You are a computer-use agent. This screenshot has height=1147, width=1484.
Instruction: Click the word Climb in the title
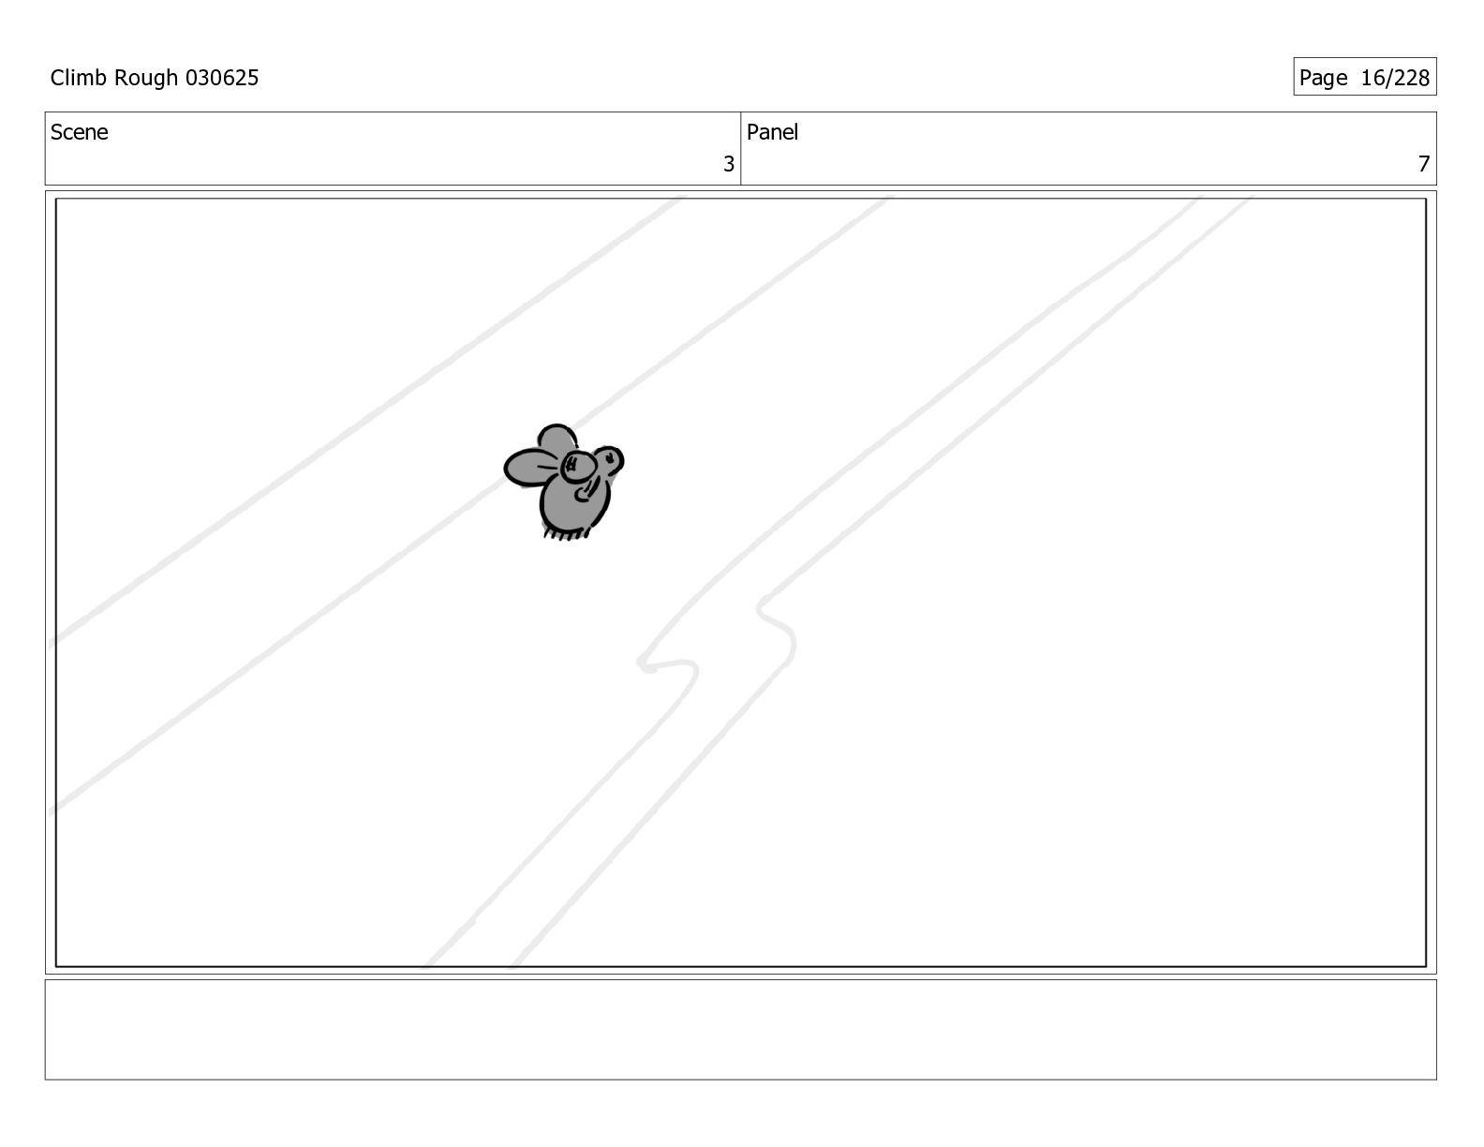[79, 78]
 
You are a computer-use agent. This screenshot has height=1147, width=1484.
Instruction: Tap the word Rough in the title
[146, 79]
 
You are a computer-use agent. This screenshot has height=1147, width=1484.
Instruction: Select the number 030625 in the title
[222, 78]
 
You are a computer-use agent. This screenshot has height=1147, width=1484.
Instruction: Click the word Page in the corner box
[1323, 79]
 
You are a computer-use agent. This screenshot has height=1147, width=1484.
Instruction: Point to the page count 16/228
[1395, 78]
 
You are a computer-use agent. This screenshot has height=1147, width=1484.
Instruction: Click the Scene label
[80, 132]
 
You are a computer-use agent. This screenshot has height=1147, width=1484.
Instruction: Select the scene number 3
[729, 164]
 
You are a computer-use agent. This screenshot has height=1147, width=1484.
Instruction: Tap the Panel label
[772, 132]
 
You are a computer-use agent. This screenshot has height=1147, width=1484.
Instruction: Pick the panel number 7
[1424, 164]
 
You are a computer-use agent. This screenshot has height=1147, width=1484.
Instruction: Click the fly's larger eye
[578, 468]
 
